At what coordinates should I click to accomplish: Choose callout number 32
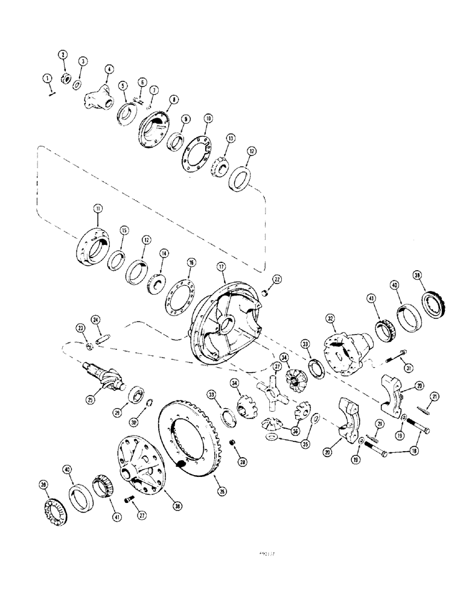point(330,318)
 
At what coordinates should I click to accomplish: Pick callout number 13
point(229,137)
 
